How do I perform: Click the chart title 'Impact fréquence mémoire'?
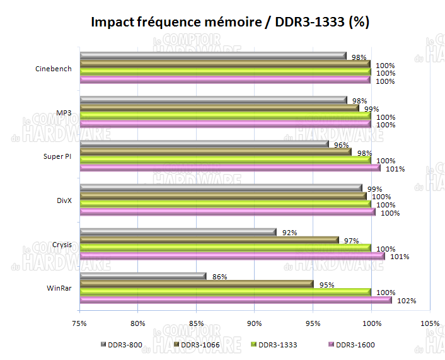(230, 22)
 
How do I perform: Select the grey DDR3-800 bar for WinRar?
(144, 276)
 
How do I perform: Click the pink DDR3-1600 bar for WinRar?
(236, 300)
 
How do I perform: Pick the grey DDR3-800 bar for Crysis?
(178, 233)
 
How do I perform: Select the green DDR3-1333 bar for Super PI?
(226, 160)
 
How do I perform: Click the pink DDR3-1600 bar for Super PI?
(231, 168)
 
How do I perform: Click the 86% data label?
(219, 276)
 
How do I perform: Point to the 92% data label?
(289, 233)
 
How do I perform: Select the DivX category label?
(64, 200)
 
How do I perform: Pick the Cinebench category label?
(54, 69)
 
